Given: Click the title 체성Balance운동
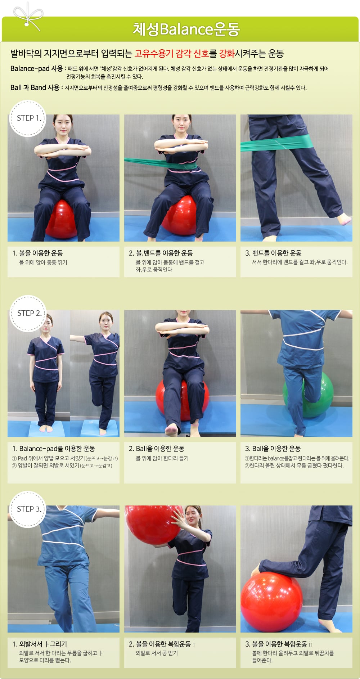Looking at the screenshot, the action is click(x=186, y=29).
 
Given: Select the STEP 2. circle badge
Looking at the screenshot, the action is click(x=28, y=313).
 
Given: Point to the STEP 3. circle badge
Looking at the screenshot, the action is click(x=28, y=509).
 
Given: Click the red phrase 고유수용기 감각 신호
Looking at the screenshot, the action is click(x=172, y=54).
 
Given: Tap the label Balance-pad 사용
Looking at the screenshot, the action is click(x=37, y=68).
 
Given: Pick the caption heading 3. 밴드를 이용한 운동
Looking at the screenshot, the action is click(x=273, y=253).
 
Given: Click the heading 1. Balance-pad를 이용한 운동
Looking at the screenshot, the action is click(x=54, y=449).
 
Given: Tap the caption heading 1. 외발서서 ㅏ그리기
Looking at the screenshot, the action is click(x=40, y=644).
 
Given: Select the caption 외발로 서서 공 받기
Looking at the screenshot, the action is click(x=157, y=653).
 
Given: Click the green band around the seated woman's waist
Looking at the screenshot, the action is click(x=161, y=163).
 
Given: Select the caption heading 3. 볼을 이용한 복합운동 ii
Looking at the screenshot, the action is click(x=279, y=644).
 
